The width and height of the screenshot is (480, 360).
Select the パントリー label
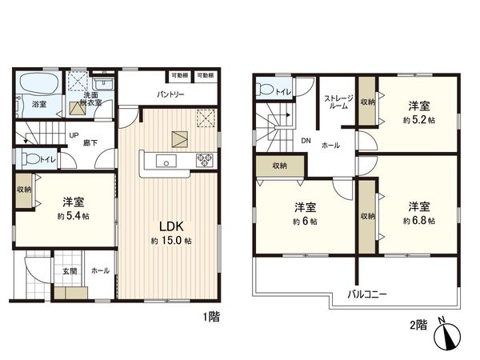tap(170, 94)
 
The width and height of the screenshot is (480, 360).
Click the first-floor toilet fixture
tap(31, 158)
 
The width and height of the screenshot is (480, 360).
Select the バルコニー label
tap(367, 294)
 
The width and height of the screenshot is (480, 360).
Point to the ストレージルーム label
tap(336, 102)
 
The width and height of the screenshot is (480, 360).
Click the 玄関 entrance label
tap(70, 271)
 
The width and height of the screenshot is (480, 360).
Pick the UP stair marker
tap(74, 134)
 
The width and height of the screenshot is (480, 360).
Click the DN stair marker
tap(306, 141)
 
